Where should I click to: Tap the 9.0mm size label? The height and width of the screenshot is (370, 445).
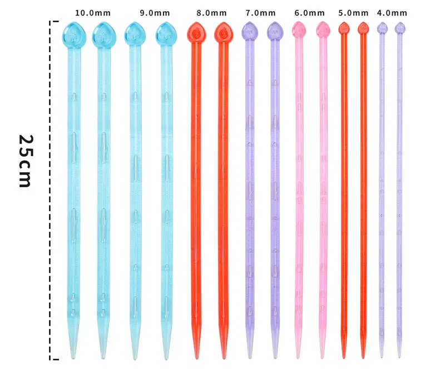[150, 12]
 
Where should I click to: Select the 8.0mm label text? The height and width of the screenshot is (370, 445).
[211, 12]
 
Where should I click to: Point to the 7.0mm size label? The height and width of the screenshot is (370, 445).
[260, 12]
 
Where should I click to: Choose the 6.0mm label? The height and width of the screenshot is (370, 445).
[309, 12]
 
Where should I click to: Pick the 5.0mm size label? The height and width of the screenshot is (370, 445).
[353, 12]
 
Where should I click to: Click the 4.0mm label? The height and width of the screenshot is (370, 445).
[392, 12]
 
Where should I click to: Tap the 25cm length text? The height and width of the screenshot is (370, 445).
[26, 161]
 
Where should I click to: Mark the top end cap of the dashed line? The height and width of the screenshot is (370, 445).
[55, 22]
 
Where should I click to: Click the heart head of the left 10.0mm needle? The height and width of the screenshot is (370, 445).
[73, 33]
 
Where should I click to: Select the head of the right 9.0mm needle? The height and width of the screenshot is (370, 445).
[165, 33]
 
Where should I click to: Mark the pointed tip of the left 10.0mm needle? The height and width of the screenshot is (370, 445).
[73, 356]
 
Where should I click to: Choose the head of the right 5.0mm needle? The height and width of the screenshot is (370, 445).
[363, 27]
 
